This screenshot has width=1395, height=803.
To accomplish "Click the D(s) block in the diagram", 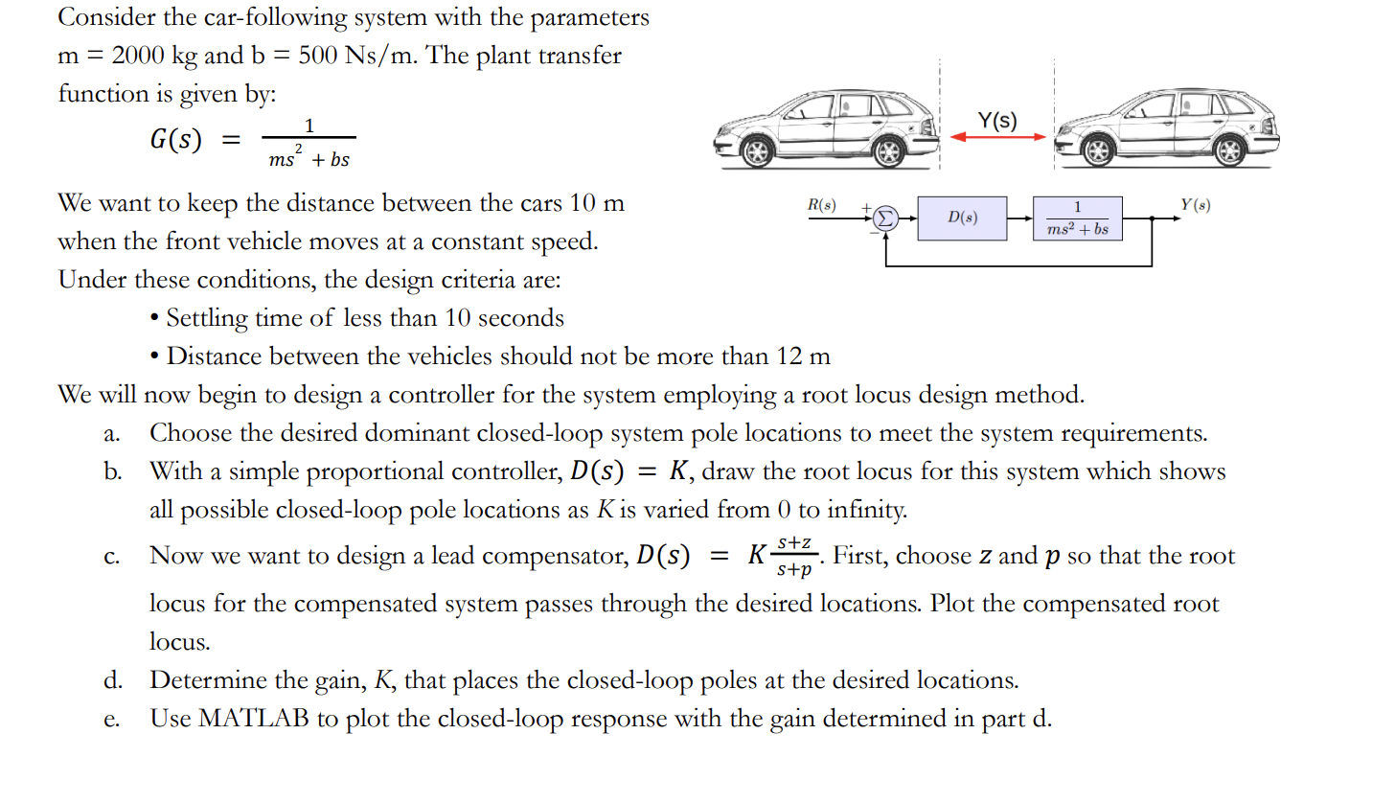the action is point(962,218).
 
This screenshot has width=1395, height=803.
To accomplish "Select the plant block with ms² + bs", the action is point(1077,218).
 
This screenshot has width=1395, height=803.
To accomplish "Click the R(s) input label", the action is point(821,205).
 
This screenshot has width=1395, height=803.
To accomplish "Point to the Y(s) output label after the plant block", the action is point(1195,204).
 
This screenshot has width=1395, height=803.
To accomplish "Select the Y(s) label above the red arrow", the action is point(997,120).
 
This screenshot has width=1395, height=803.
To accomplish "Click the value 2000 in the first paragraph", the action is point(141,56).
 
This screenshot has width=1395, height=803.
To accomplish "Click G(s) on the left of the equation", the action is point(175,140).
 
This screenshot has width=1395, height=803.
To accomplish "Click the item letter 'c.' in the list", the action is point(112,558).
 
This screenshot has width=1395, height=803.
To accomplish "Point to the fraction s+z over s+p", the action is point(794,557).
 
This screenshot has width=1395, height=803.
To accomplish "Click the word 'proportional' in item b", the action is point(413,471).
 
